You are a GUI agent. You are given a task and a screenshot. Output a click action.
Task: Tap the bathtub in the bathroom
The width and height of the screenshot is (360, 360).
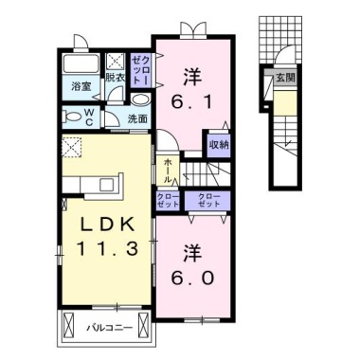[81, 66]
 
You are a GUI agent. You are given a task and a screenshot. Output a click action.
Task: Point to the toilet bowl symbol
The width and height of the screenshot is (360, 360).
[74, 116]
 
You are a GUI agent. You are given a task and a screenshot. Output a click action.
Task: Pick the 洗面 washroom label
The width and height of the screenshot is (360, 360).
[137, 118]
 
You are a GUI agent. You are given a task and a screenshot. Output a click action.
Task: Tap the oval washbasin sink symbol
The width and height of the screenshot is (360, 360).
[139, 100]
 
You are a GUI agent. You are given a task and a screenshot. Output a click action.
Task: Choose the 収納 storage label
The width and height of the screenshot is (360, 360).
[218, 144]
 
